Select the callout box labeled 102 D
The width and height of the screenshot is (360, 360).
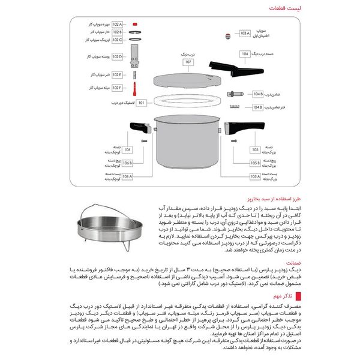tap(117, 57)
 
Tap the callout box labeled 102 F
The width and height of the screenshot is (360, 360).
tap(117, 88)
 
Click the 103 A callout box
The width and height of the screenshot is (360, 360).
tap(244, 34)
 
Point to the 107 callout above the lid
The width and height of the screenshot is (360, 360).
tap(188, 61)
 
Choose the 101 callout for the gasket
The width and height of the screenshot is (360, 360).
tap(142, 103)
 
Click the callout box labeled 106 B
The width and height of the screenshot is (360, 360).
tap(127, 163)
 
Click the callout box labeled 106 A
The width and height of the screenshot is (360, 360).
tap(127, 176)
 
